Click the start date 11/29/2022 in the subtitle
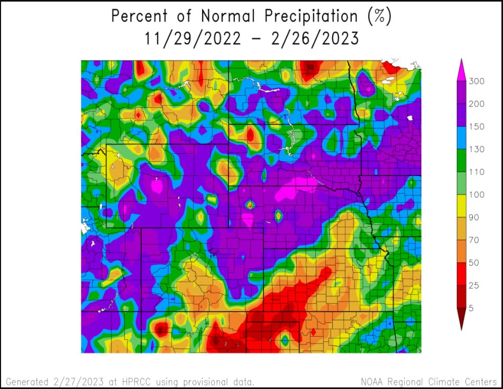187,39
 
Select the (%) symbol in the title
378,16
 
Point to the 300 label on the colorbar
477,81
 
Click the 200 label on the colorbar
477,104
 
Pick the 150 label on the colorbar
477,126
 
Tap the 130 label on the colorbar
477,149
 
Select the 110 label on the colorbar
477,172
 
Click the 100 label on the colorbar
477,195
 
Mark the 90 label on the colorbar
474,217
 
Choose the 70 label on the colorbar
474,240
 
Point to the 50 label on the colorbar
474,263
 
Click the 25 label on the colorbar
474,285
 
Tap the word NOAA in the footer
373,381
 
